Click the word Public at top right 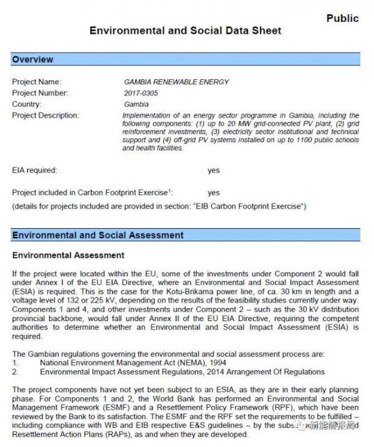click(x=342, y=18)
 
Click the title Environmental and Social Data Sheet click(x=185, y=30)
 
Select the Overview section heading click(x=32, y=60)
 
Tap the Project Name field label click(x=36, y=82)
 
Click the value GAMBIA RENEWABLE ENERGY click(x=176, y=82)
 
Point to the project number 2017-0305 click(x=141, y=94)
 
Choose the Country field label click(x=27, y=105)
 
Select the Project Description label click(x=46, y=116)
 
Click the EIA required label click(x=34, y=170)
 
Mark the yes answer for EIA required click(x=214, y=170)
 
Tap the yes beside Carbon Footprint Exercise click(x=214, y=193)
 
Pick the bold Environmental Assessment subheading click(x=68, y=256)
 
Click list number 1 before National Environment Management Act click(x=15, y=363)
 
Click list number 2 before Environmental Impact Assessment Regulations click(x=15, y=372)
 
